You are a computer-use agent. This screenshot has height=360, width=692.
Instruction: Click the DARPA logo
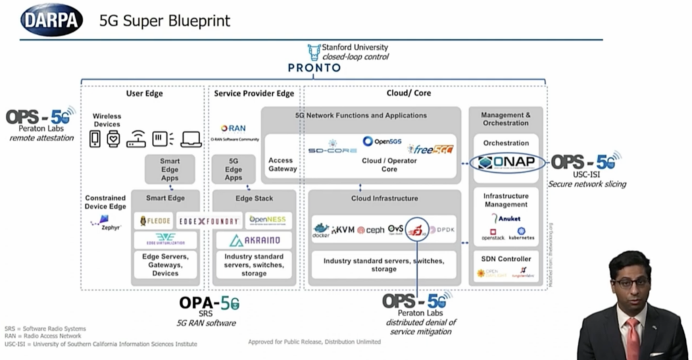pyautogui.click(x=51, y=20)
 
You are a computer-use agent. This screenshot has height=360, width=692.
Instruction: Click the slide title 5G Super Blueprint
pyautogui.click(x=165, y=21)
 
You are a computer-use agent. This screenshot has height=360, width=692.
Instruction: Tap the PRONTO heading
pyautogui.click(x=314, y=68)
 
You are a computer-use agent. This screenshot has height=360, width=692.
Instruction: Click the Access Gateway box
pyautogui.click(x=282, y=165)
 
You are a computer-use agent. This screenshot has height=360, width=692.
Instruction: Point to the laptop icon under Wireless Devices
pyautogui.click(x=191, y=138)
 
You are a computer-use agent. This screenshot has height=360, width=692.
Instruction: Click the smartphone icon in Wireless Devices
pyautogui.click(x=95, y=138)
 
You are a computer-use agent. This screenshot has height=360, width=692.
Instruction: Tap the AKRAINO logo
pyautogui.click(x=254, y=240)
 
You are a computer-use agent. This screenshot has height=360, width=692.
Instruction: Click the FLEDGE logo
pyautogui.click(x=155, y=221)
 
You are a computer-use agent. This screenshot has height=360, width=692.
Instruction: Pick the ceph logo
pyautogui.click(x=370, y=230)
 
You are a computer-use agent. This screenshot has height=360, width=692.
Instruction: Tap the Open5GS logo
pyautogui.click(x=382, y=142)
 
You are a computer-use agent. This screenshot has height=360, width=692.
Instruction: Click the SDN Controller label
pyautogui.click(x=505, y=259)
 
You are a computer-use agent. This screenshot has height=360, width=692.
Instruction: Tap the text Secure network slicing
pyautogui.click(x=587, y=184)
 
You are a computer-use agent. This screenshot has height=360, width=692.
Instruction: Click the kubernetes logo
pyautogui.click(x=521, y=234)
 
